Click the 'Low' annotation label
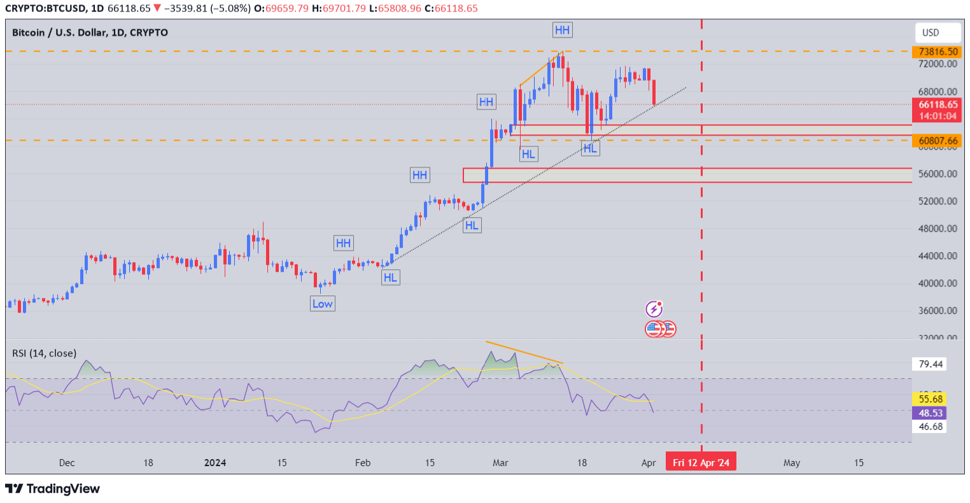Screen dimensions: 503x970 click(x=322, y=304)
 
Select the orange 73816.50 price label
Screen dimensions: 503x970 click(x=938, y=52)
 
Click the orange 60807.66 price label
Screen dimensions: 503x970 click(x=938, y=141)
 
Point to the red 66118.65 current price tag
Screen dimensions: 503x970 click(x=937, y=105)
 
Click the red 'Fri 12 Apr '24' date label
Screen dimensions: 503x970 click(x=701, y=462)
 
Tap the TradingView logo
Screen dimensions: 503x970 click(x=53, y=489)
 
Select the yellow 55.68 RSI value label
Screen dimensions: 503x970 click(x=930, y=399)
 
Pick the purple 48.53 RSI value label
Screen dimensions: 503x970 click(x=930, y=413)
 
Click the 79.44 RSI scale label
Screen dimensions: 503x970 click(x=931, y=364)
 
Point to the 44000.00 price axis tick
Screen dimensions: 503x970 click(x=938, y=256)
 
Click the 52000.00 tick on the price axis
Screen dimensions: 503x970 click(x=938, y=201)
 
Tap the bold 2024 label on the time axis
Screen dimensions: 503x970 click(x=215, y=463)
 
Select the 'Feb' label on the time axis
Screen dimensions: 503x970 click(x=363, y=463)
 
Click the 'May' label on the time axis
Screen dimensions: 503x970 click(x=792, y=463)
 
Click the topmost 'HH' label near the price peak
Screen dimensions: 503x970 click(x=562, y=30)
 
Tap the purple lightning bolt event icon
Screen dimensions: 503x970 click(x=654, y=309)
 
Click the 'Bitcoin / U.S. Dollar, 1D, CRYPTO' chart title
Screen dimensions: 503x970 click(x=90, y=32)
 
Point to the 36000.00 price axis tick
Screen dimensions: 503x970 click(x=938, y=311)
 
